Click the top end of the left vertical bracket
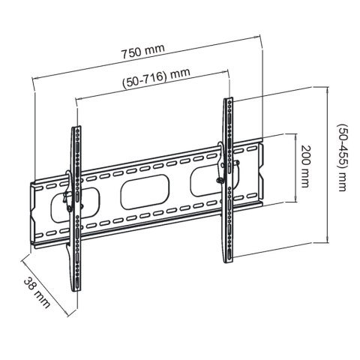77,129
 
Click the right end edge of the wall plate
264,172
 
